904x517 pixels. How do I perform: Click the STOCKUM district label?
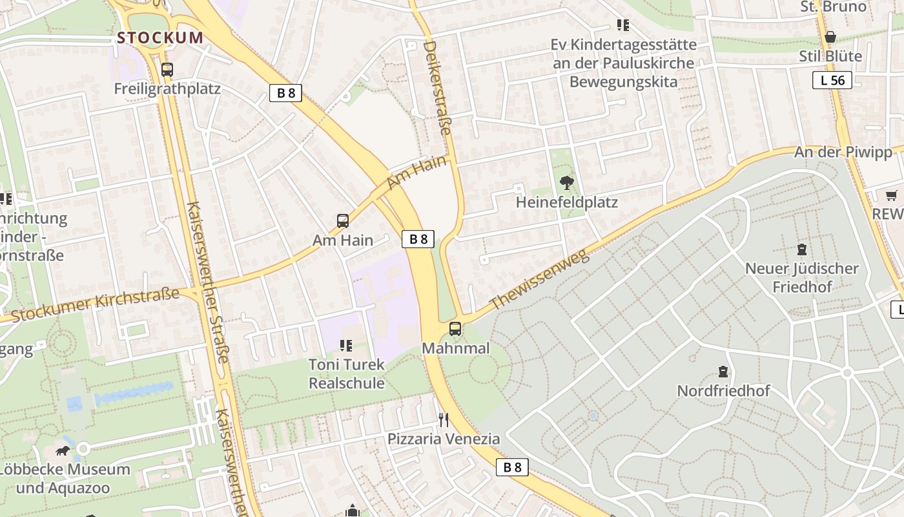pyautogui.click(x=160, y=37)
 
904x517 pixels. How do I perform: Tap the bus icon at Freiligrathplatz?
pyautogui.click(x=167, y=70)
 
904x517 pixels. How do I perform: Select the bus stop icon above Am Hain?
pyautogui.click(x=343, y=221)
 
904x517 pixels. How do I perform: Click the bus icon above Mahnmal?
pyautogui.click(x=455, y=329)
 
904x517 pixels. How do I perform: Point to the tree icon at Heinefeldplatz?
pyautogui.click(x=567, y=183)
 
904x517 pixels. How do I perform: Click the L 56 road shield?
pyautogui.click(x=832, y=80)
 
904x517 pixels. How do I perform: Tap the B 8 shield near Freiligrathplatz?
pyautogui.click(x=285, y=93)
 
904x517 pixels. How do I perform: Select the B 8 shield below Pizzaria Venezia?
pyautogui.click(x=512, y=467)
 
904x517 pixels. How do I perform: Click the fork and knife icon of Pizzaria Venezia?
pyautogui.click(x=444, y=420)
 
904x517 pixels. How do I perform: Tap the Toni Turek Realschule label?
pyautogui.click(x=347, y=374)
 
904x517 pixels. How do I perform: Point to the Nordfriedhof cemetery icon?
pyautogui.click(x=723, y=372)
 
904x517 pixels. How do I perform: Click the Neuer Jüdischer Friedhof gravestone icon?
pyautogui.click(x=802, y=249)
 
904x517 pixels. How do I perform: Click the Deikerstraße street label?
pyautogui.click(x=437, y=88)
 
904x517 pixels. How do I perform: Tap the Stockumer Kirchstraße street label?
pyautogui.click(x=96, y=305)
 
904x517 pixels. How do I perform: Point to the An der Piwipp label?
pyautogui.click(x=843, y=152)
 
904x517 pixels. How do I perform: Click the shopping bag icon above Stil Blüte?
pyautogui.click(x=830, y=37)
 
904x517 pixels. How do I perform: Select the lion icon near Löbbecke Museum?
pyautogui.click(x=63, y=450)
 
